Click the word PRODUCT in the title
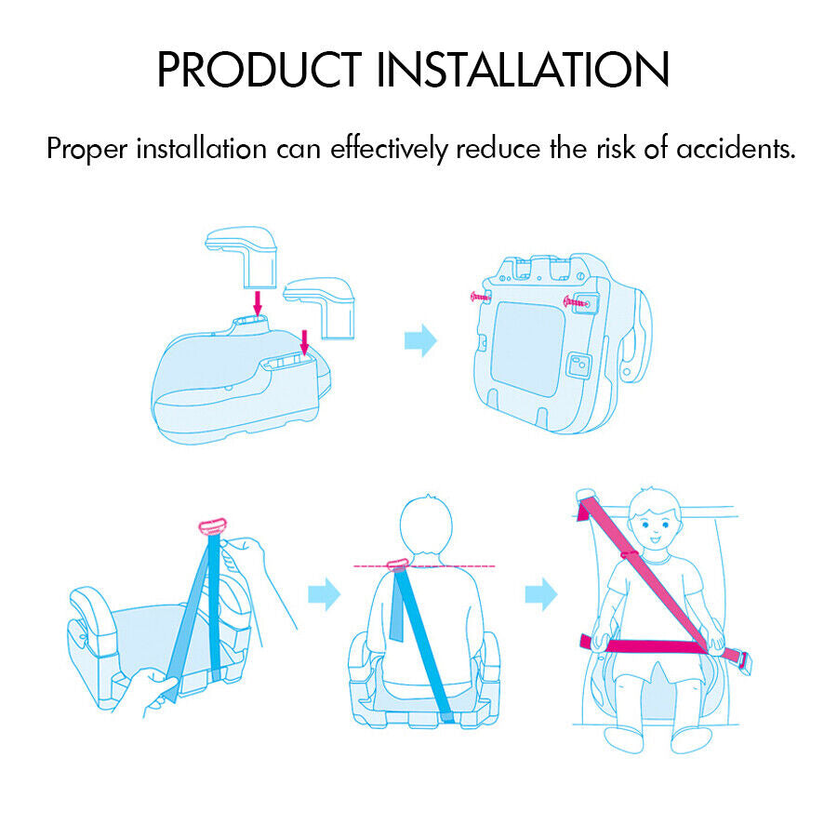[259, 70]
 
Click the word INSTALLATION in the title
[523, 70]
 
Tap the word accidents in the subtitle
[737, 149]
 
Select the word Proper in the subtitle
[87, 150]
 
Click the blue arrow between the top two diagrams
[420, 340]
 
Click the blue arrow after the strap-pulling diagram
[324, 593]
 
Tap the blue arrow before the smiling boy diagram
[541, 593]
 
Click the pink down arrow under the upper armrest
[258, 303]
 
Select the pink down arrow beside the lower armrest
[305, 342]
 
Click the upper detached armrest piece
[241, 257]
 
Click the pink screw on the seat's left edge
[481, 297]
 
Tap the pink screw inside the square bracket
[576, 302]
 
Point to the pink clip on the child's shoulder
[398, 565]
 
